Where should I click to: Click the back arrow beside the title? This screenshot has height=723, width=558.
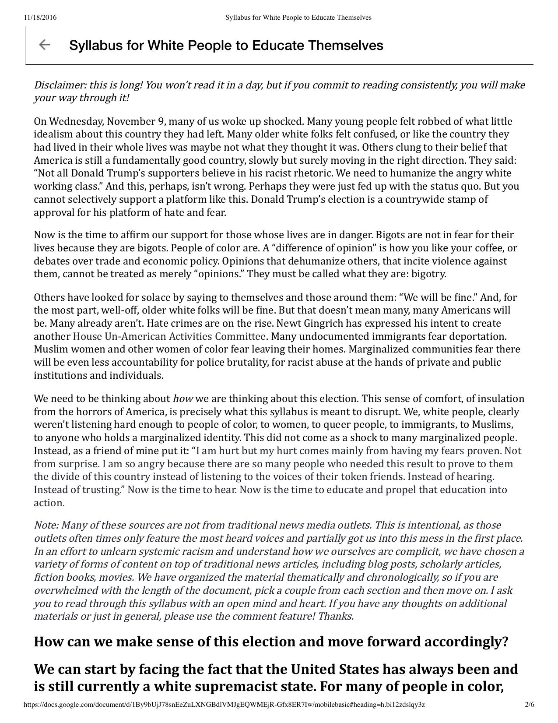pos(44,45)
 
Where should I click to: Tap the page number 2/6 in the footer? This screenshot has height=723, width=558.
pos(529,705)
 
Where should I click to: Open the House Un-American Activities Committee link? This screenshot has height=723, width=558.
pos(169,336)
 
